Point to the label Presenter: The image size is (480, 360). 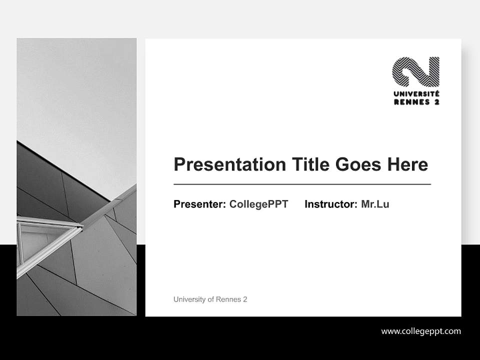199,204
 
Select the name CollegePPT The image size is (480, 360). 258,204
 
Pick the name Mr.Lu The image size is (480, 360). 375,204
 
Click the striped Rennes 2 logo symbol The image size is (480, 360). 415,71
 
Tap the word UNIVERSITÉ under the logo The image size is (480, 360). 416,94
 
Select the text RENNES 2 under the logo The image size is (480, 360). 416,102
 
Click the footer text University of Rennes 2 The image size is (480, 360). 210,299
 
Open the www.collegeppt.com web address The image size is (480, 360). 421,331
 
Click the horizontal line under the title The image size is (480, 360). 302,184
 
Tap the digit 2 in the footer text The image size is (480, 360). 245,299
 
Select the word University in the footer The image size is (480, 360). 188,299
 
